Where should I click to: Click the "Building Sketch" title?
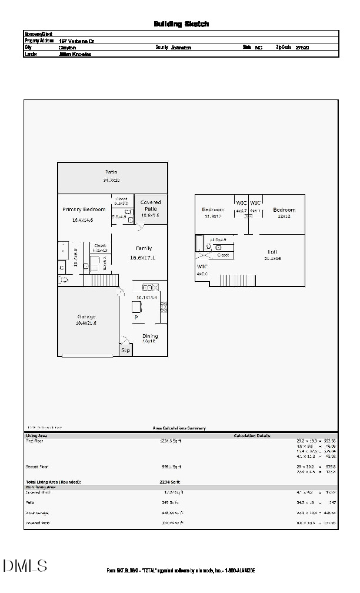(181, 24)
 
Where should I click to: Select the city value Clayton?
(67, 47)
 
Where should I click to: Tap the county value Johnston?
(181, 47)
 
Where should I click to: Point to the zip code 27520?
(302, 47)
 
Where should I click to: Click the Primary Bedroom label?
(84, 209)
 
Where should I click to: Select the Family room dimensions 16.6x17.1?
(142, 258)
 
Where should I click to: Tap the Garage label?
(85, 317)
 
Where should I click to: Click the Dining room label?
(149, 336)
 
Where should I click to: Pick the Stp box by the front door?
(125, 350)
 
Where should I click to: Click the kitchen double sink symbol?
(150, 288)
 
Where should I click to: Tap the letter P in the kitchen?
(136, 318)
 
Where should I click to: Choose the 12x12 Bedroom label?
(284, 210)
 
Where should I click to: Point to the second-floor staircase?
(238, 279)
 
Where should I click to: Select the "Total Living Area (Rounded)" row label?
(53, 482)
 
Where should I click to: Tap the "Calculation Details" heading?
(252, 436)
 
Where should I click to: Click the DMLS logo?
(25, 566)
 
